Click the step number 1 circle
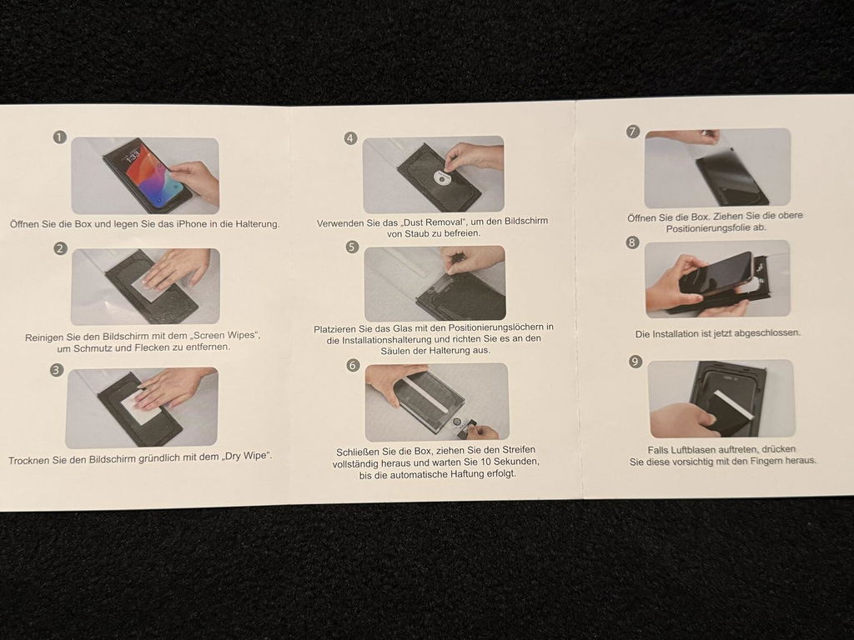tap(60, 137)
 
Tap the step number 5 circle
tap(353, 247)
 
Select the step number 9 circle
tap(635, 362)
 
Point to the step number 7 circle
tap(633, 131)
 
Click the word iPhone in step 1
tap(192, 223)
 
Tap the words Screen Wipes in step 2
tap(229, 335)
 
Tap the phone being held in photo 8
tap(715, 275)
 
